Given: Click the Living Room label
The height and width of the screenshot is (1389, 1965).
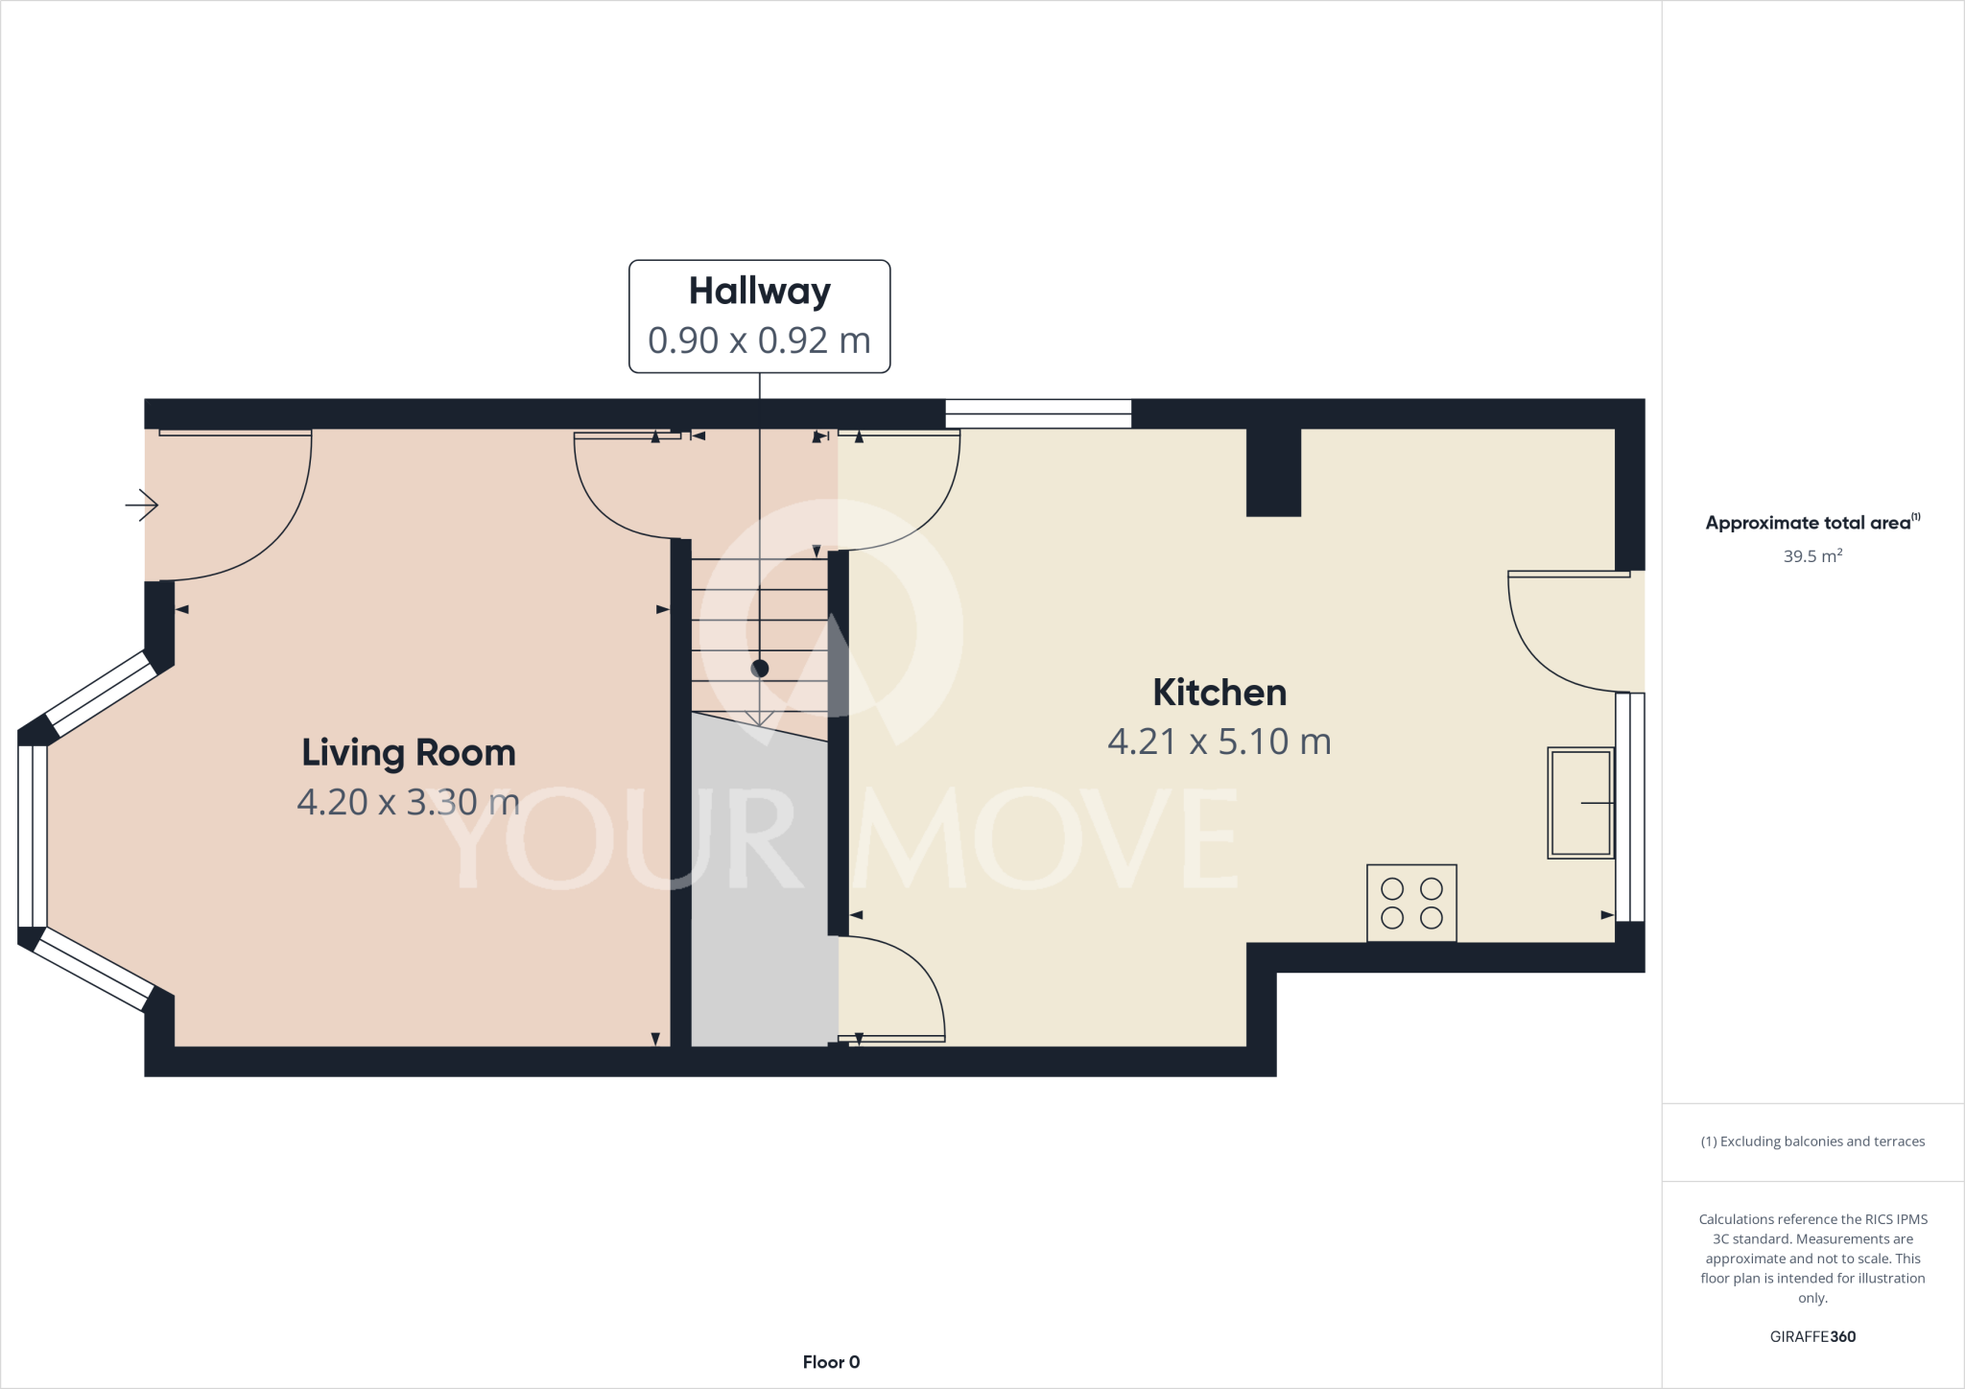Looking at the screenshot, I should tap(409, 753).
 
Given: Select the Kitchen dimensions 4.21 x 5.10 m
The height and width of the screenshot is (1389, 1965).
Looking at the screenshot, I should tap(1219, 742).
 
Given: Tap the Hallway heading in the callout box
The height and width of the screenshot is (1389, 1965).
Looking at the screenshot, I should tap(759, 292).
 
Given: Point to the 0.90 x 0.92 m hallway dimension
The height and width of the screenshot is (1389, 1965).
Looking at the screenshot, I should tap(759, 341).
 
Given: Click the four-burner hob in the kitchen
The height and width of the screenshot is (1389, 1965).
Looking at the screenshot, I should tap(1411, 904).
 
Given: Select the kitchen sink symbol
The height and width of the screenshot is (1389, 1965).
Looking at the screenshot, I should tap(1580, 803).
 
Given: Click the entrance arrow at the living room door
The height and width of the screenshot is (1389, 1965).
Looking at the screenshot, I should tap(142, 505).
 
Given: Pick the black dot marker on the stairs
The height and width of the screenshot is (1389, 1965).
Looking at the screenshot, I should tap(760, 669).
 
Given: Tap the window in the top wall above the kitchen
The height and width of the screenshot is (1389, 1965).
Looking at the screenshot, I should tap(1038, 413).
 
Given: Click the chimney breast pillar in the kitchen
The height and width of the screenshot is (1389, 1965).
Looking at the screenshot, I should tap(1273, 472).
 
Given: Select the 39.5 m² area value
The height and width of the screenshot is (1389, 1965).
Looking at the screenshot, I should tap(1812, 556).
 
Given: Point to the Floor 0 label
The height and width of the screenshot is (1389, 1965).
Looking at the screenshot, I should tap(831, 1362).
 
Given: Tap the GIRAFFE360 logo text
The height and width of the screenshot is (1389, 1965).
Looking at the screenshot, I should tap(1812, 1336).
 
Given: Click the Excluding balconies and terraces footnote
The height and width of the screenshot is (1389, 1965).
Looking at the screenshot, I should tap(1812, 1142).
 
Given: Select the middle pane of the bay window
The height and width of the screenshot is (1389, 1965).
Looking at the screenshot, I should tap(33, 836).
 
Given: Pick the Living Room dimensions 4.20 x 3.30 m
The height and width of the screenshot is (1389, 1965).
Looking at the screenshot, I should tap(409, 802).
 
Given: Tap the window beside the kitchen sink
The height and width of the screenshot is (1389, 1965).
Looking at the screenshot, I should tap(1630, 807).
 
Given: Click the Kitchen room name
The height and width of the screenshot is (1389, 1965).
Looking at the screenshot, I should tap(1219, 693).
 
